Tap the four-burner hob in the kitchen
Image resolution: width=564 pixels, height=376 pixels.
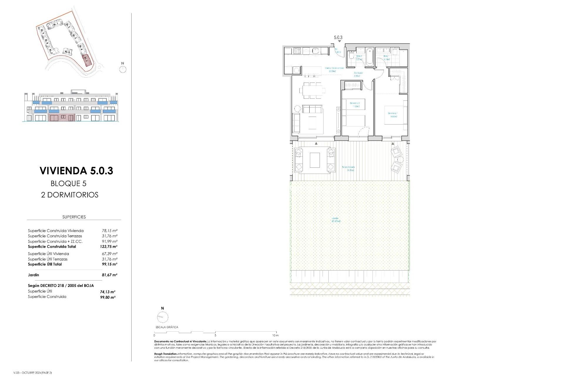click(x=297, y=51)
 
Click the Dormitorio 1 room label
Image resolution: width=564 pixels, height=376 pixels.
click(x=393, y=115)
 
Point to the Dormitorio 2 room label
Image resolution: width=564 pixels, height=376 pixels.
click(x=355, y=105)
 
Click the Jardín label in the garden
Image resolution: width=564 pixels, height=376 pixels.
click(x=336, y=219)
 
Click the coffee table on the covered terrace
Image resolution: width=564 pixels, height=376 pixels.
click(x=315, y=160)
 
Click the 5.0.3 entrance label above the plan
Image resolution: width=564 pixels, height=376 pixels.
click(x=338, y=38)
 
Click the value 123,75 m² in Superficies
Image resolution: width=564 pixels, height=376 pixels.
click(x=108, y=247)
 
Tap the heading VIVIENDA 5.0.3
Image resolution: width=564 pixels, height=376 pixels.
click(x=76, y=171)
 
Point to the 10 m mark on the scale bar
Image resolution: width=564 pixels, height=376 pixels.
click(x=275, y=335)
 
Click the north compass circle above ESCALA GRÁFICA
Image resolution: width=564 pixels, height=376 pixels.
click(x=163, y=317)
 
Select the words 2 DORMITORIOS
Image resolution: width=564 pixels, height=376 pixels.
click(x=70, y=195)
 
